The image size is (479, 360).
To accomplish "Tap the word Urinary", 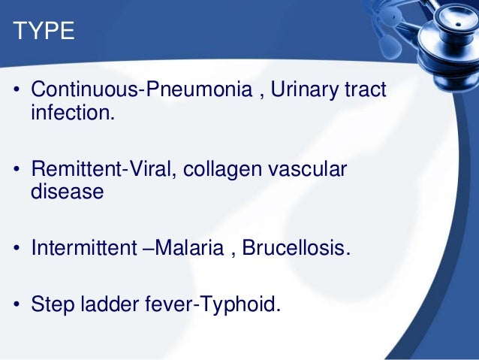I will pos(306,91).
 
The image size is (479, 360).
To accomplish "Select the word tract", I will pos(366,91).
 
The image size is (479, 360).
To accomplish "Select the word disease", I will pos(66,192).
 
